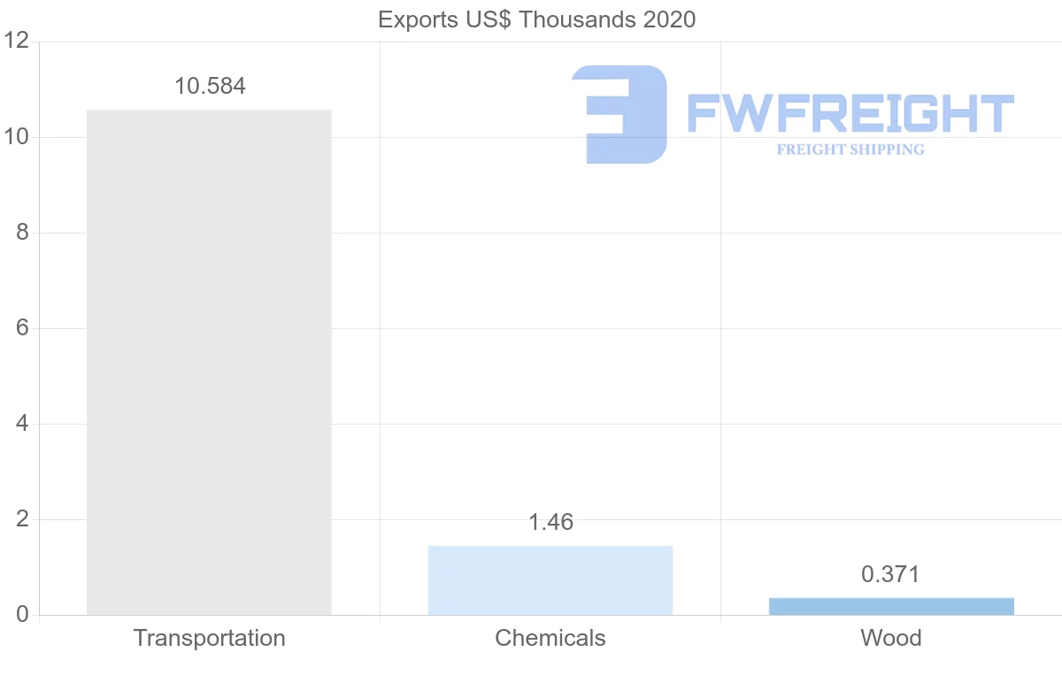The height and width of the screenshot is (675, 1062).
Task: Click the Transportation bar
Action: [x=209, y=362]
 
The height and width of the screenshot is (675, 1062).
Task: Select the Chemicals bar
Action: [x=550, y=579]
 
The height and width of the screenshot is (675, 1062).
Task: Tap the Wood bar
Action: [x=891, y=606]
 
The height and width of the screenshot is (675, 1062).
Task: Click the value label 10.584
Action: [x=210, y=87]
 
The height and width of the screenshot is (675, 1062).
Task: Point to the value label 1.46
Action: [x=550, y=523]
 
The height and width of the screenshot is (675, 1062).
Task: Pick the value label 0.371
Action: [x=890, y=575]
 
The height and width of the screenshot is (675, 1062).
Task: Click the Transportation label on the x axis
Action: [x=209, y=639]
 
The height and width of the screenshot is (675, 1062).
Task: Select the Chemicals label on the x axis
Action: [x=550, y=639]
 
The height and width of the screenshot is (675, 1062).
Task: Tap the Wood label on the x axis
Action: [x=890, y=639]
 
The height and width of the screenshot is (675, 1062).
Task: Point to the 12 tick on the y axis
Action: [x=17, y=42]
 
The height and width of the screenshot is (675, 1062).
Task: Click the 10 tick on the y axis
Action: [x=17, y=137]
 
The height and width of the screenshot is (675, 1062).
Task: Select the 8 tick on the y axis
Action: [x=22, y=233]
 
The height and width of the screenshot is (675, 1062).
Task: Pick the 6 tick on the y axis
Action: [x=22, y=328]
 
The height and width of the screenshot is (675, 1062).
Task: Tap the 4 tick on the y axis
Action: [x=22, y=424]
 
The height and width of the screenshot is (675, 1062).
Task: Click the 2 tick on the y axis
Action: [x=22, y=519]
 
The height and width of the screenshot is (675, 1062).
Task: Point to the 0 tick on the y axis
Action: [x=22, y=615]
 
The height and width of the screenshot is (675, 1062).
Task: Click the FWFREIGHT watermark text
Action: [x=850, y=114]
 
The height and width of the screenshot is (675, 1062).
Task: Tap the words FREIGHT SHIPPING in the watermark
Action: [x=850, y=150]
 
